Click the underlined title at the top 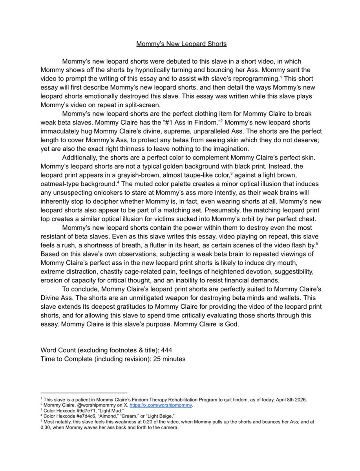click(181, 44)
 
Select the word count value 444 click(166, 350)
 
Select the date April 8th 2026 click(289, 400)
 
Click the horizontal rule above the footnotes click(84, 392)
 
